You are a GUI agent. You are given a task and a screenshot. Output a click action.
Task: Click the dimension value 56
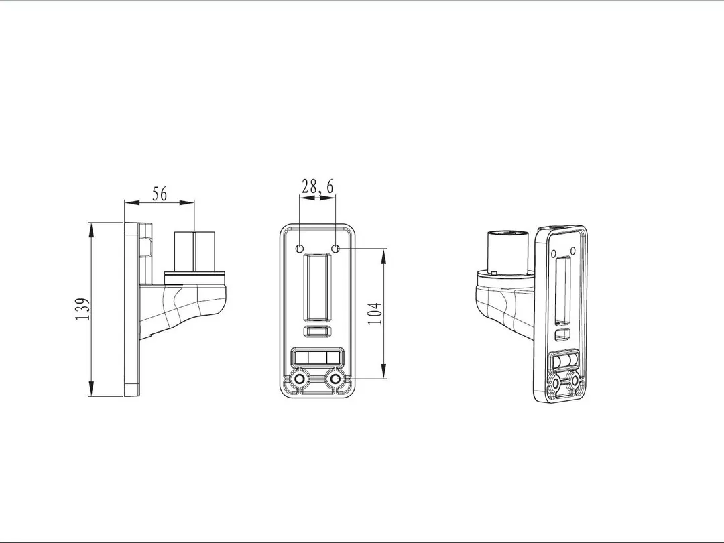(x=159, y=194)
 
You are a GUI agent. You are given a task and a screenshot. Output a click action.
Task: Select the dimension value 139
(x=82, y=309)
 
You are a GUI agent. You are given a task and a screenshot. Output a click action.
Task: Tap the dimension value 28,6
(x=317, y=187)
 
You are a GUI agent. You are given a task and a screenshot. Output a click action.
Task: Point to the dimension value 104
(x=375, y=314)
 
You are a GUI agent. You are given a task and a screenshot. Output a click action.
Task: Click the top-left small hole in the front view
(x=300, y=249)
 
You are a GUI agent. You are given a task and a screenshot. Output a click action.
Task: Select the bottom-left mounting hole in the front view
(x=299, y=380)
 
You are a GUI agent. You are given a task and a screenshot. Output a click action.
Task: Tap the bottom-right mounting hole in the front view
(x=336, y=380)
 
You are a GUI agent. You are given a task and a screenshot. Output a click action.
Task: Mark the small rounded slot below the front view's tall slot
(x=317, y=331)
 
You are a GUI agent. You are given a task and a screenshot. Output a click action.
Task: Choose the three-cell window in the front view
(x=317, y=357)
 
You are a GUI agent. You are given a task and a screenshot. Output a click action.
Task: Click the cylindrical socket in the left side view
(x=194, y=252)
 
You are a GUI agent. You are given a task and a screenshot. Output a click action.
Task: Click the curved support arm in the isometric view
(x=503, y=305)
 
